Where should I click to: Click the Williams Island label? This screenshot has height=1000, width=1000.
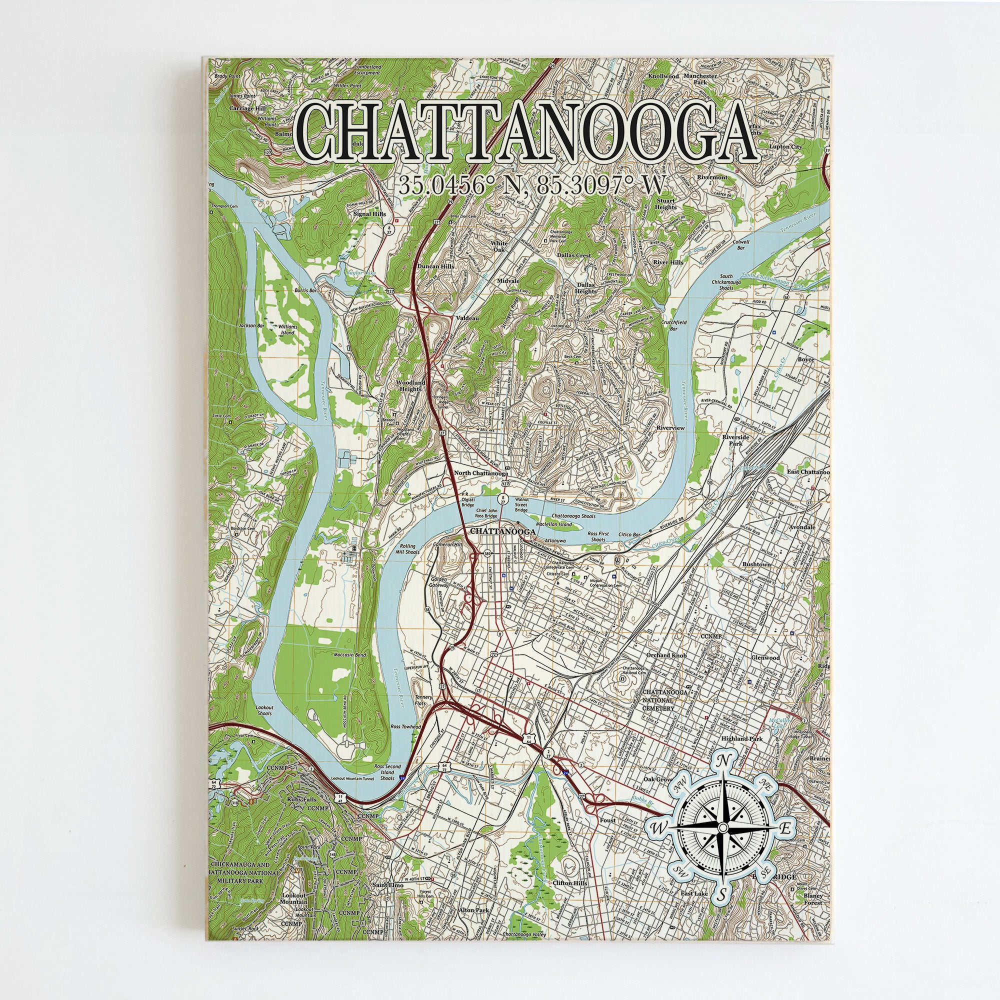pyautogui.click(x=288, y=329)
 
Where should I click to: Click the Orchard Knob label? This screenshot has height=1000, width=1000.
pyautogui.click(x=666, y=655)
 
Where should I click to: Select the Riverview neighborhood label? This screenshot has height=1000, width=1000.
pyautogui.click(x=670, y=428)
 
